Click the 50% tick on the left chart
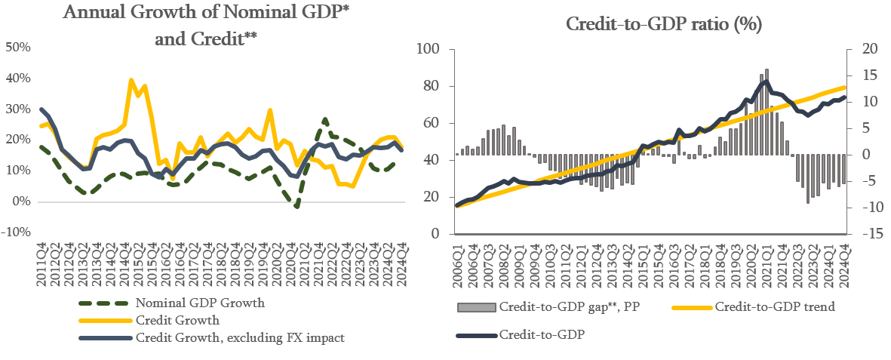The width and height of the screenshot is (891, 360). coord(18,48)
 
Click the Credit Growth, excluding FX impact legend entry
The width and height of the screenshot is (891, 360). coord(239,337)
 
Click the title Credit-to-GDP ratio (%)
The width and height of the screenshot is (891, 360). coord(664,23)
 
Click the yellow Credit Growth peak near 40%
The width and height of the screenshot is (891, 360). coord(132,79)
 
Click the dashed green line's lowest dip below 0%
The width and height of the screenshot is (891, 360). coord(297,206)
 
